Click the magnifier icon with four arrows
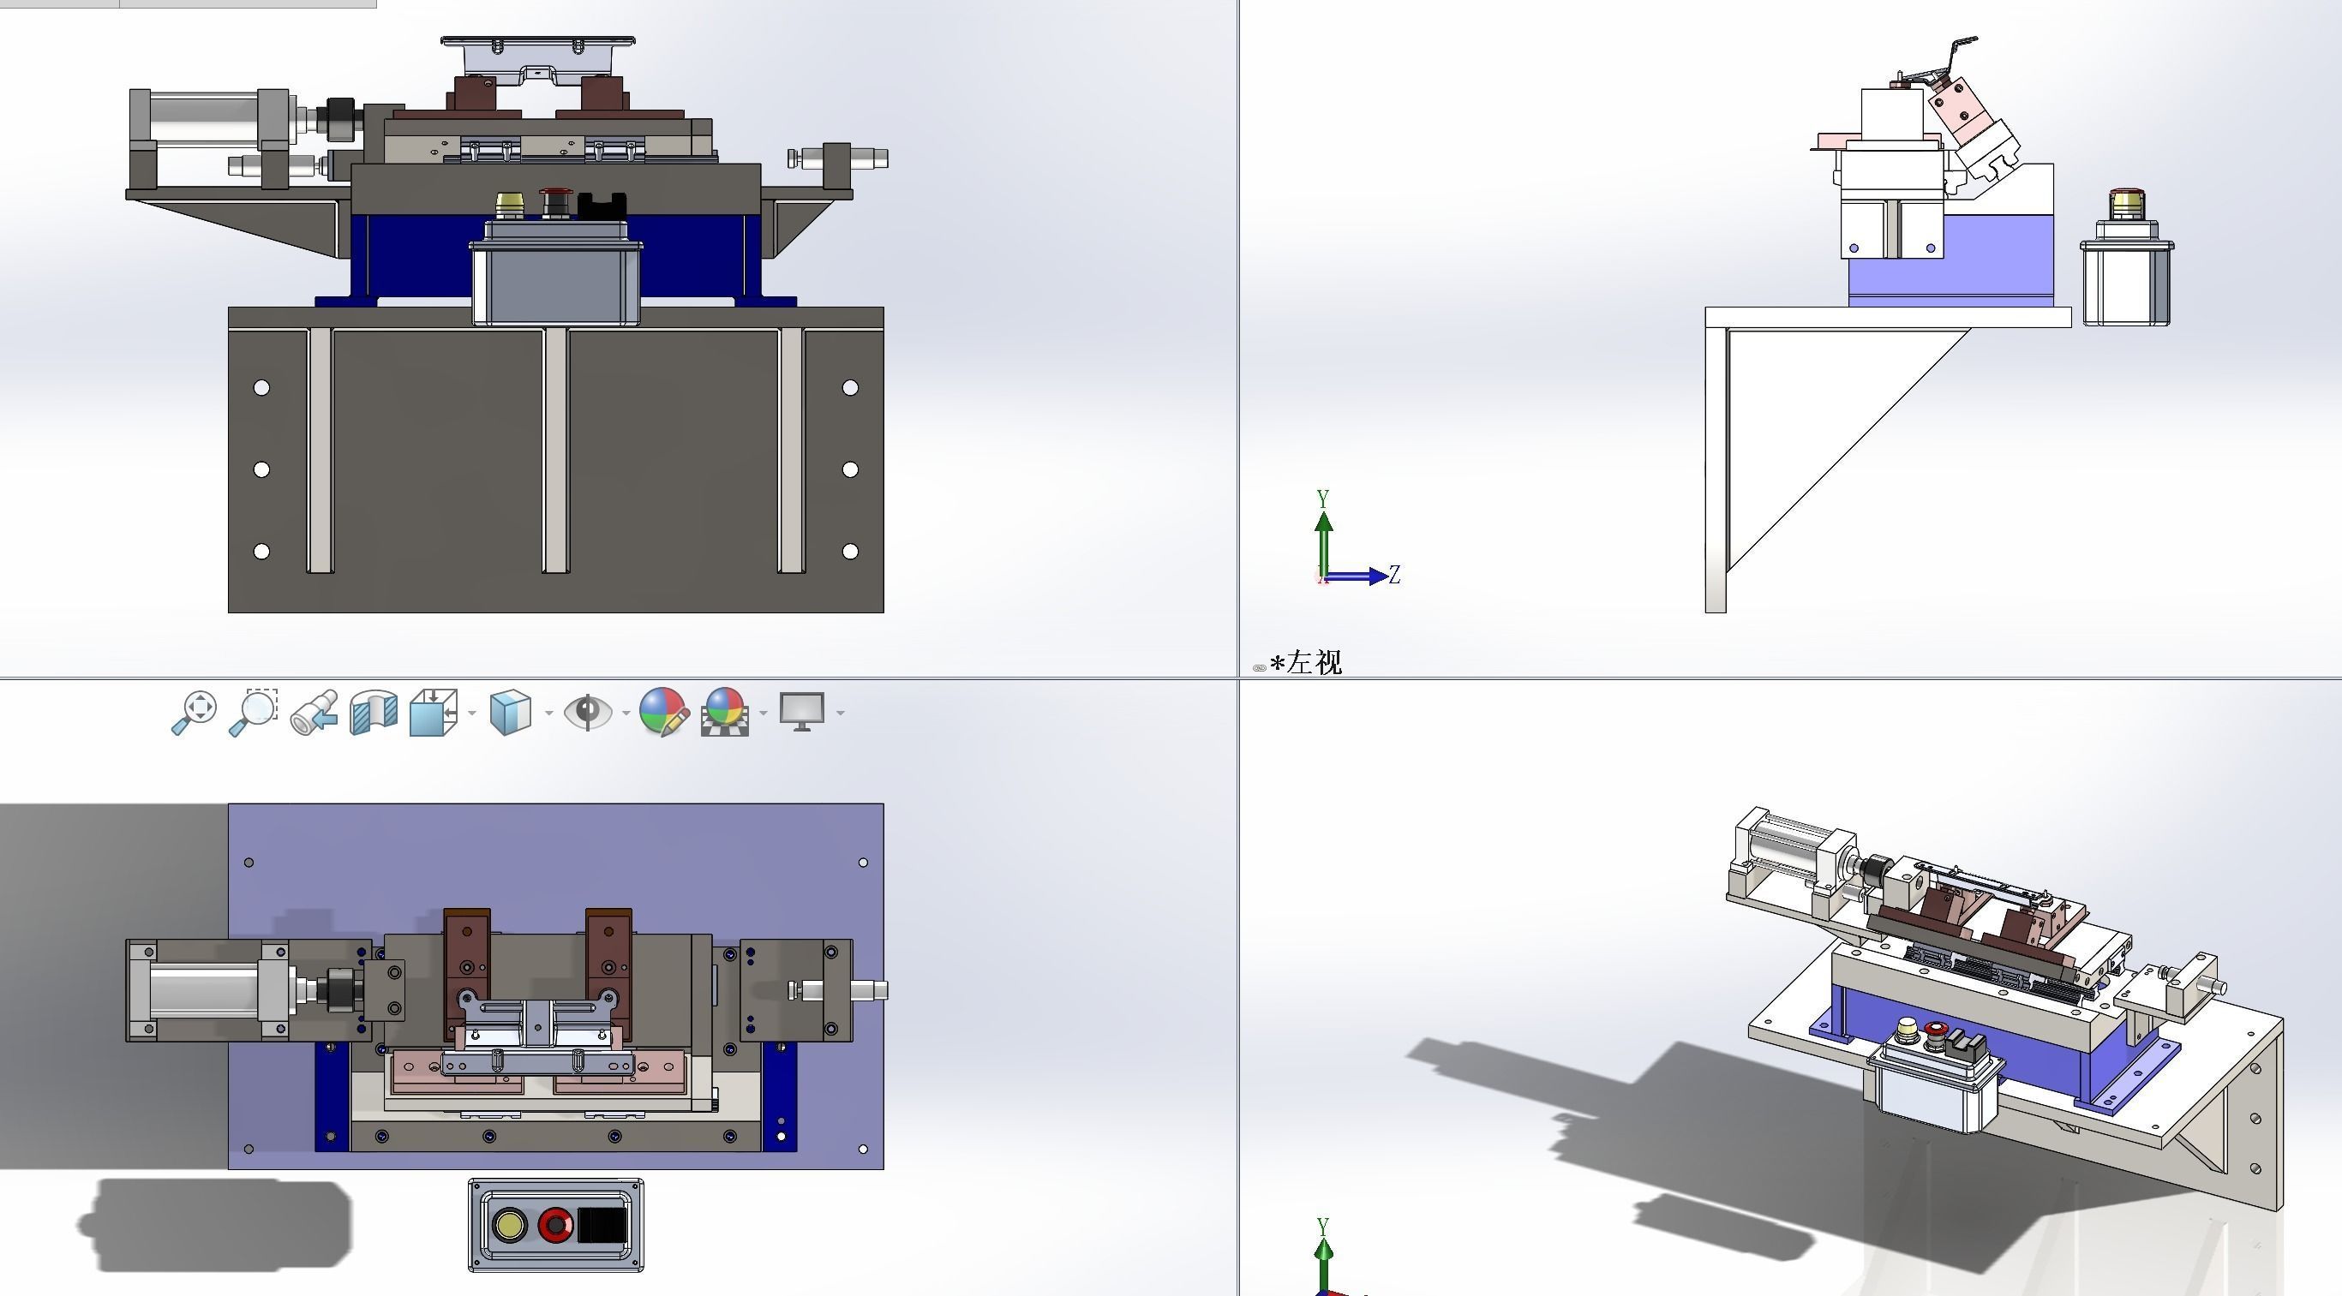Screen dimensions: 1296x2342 195,713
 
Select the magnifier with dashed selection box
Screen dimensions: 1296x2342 254,713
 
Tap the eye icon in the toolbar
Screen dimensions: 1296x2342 587,712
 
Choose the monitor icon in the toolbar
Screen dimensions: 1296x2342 802,712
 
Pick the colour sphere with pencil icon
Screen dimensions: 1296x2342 663,712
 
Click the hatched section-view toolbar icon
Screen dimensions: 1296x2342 374,713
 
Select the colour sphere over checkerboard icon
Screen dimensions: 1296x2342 725,713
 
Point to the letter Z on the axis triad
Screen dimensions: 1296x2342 1394,575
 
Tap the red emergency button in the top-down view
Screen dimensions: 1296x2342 554,1225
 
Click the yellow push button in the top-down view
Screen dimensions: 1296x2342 509,1225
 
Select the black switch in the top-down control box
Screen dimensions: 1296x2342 602,1225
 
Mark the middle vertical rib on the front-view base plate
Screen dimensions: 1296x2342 554,451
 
